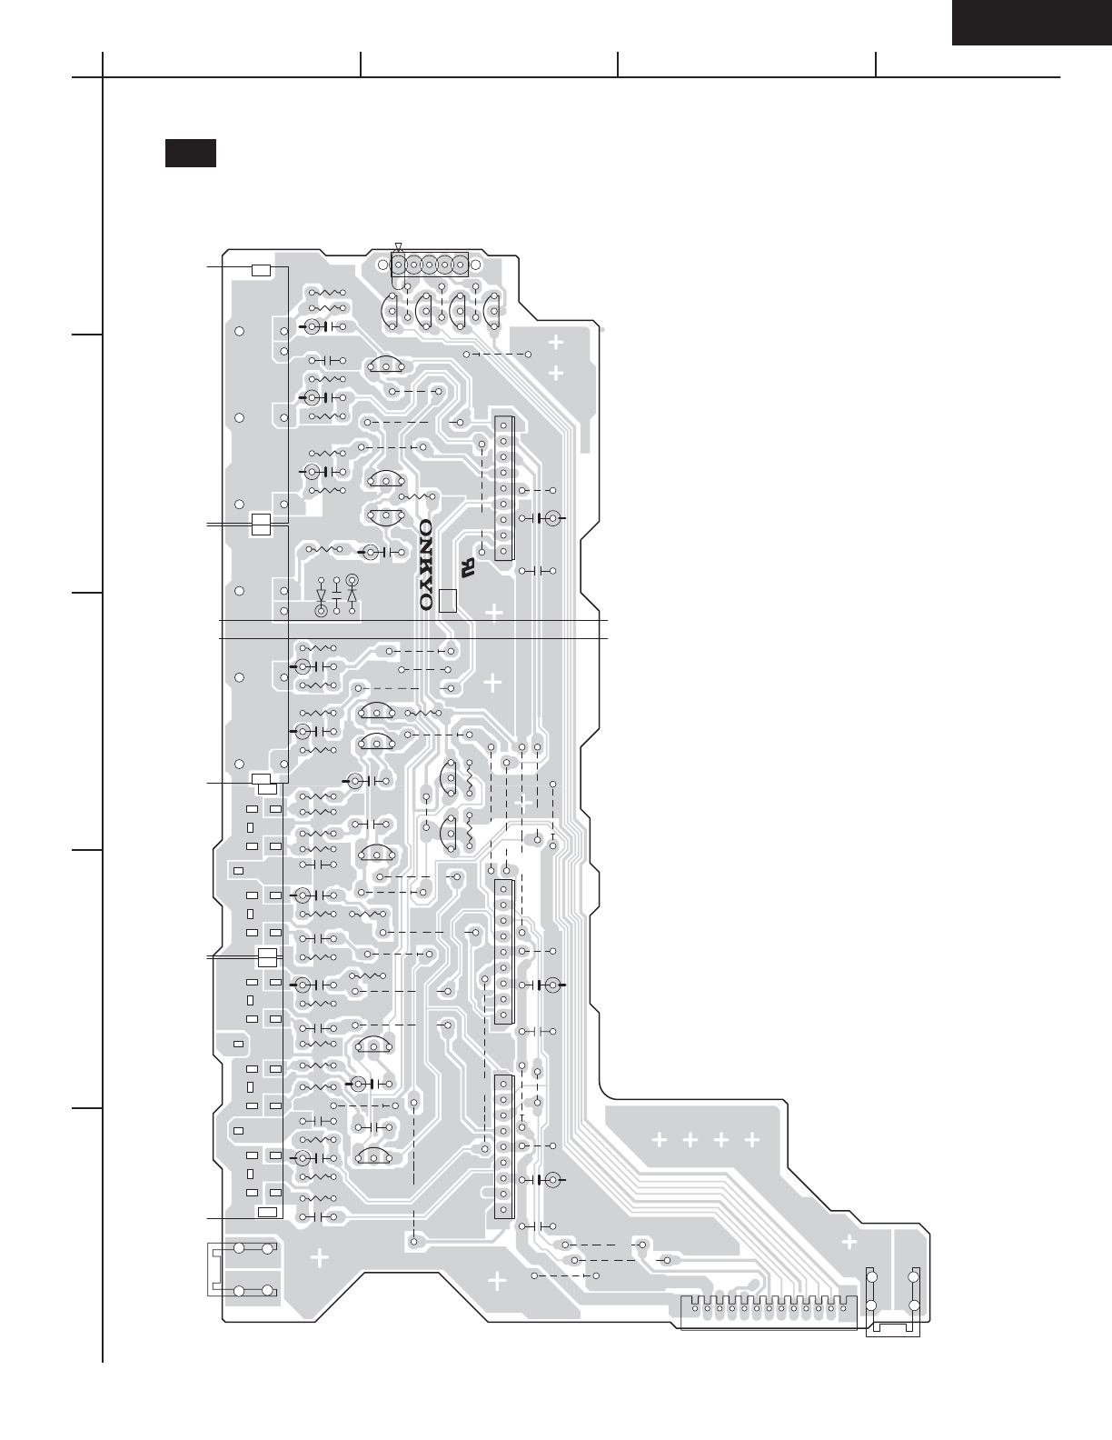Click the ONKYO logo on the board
pyautogui.click(x=425, y=565)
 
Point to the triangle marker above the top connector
pyautogui.click(x=398, y=247)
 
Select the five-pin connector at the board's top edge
pyautogui.click(x=429, y=265)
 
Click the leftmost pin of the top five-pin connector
pyautogui.click(x=399, y=265)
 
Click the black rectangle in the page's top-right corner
pyautogui.click(x=1030, y=22)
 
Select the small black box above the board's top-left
pyautogui.click(x=190, y=153)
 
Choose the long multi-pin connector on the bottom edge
pyautogui.click(x=769, y=1311)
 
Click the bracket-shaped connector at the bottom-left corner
pyautogui.click(x=240, y=1270)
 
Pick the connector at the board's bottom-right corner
pyautogui.click(x=893, y=1302)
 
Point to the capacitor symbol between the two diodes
pyautogui.click(x=336, y=596)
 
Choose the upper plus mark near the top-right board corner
pyautogui.click(x=555, y=344)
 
